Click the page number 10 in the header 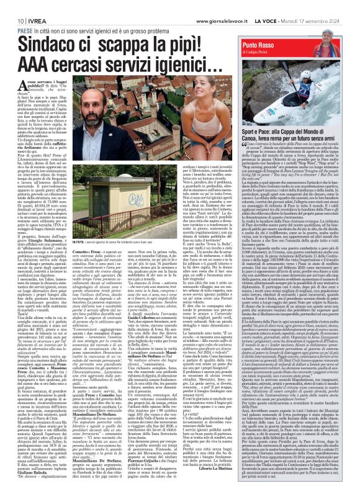(x=12, y=5)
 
